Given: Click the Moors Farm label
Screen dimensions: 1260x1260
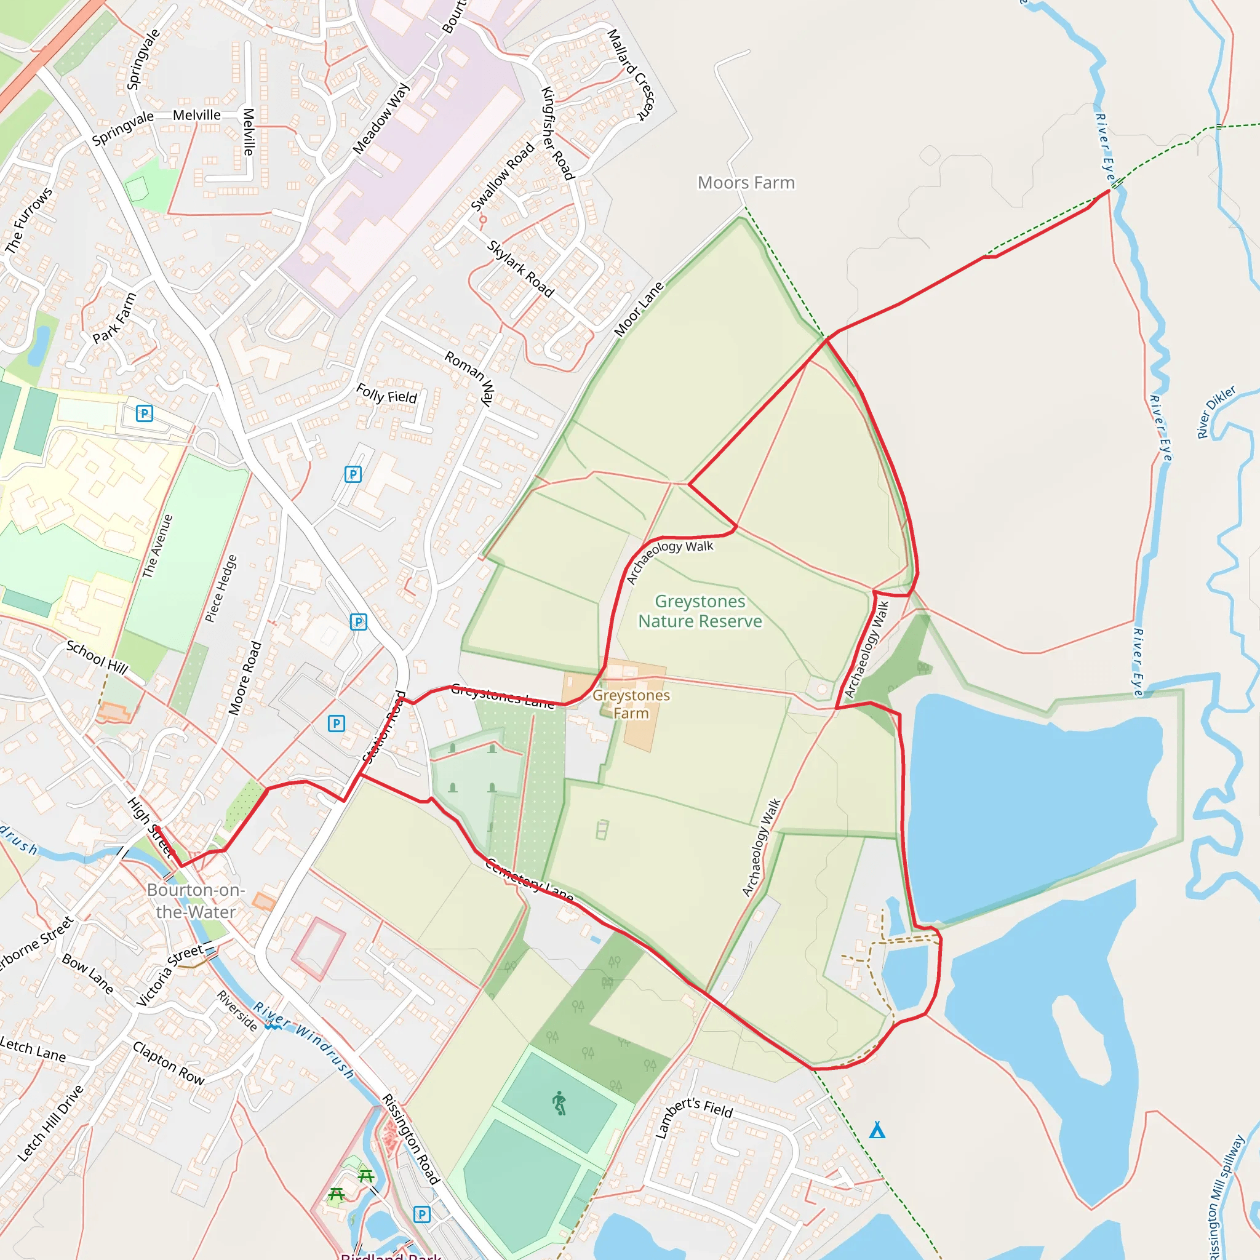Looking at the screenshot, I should (x=746, y=183).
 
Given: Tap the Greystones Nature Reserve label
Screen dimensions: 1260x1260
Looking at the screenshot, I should (x=700, y=611).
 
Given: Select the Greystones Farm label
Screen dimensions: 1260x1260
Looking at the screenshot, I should (x=631, y=704).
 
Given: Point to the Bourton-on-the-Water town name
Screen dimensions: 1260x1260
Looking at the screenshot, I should (x=196, y=901).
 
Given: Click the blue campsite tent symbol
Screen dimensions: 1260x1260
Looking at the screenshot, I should (x=877, y=1130).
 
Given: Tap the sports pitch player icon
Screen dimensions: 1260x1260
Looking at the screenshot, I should (x=559, y=1104).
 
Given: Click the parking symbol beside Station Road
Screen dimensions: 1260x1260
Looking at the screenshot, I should (x=336, y=724).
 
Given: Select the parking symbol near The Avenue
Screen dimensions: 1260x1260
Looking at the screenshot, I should (x=144, y=413).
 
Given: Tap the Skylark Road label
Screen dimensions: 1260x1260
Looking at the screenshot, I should (x=520, y=269).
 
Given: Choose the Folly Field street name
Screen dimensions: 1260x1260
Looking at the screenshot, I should (x=386, y=394).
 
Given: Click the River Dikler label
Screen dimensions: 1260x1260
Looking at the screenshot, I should (x=1216, y=412).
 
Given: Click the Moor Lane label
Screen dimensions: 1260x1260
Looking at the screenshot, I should (x=639, y=308).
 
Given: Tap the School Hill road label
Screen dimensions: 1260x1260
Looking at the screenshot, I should (x=97, y=656).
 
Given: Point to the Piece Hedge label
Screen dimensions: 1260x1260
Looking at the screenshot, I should (x=220, y=589).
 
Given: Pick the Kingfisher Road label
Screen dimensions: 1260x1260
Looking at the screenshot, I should (x=557, y=133).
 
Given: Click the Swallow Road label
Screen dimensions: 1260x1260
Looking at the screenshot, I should (x=502, y=177).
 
